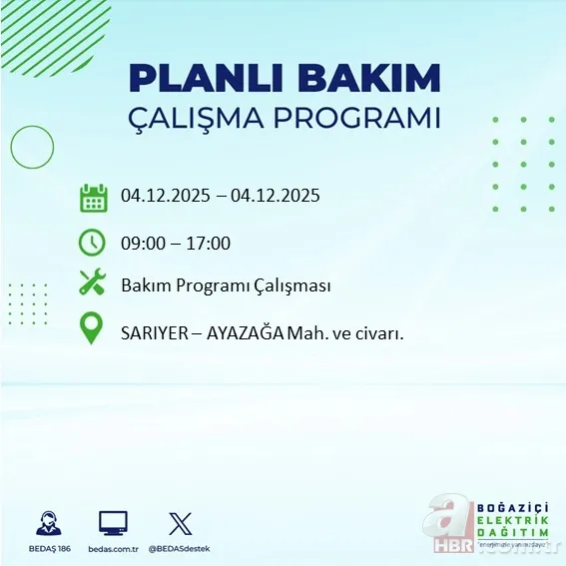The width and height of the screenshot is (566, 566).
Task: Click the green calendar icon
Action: [93, 197]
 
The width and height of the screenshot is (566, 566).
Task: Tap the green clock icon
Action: [93, 242]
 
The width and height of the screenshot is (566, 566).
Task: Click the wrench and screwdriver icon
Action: [93, 283]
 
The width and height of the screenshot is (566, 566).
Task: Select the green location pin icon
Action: [93, 330]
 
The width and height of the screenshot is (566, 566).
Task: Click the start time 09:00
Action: [142, 243]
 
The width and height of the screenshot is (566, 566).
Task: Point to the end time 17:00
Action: [210, 243]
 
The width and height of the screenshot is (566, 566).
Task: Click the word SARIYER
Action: [155, 332]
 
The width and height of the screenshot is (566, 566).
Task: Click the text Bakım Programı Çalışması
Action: [226, 286]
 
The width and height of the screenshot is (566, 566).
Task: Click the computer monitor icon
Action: [113, 522]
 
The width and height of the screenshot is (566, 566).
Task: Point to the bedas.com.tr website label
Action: [114, 549]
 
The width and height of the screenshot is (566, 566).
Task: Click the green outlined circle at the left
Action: [32, 148]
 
